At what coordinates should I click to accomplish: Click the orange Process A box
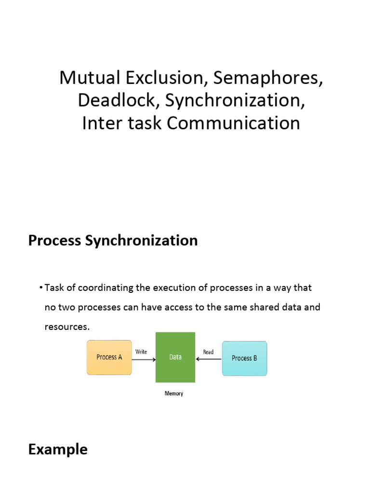point(109,357)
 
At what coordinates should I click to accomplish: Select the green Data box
point(175,357)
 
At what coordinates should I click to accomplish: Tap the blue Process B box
point(244,358)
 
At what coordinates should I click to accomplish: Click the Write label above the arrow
point(141,352)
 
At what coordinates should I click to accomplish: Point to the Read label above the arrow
point(208,352)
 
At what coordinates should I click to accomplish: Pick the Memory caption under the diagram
point(174,394)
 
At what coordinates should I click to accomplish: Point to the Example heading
point(58,450)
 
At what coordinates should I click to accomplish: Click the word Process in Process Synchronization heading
point(54,240)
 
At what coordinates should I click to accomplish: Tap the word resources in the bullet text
point(66,327)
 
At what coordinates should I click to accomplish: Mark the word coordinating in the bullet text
point(102,288)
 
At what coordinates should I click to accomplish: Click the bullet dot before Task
point(41,288)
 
